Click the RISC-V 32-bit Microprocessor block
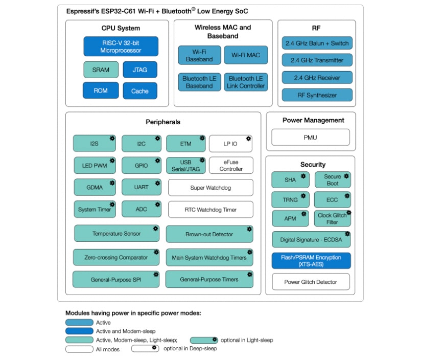[x=121, y=47]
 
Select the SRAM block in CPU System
[x=101, y=70]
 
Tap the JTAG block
[x=139, y=70]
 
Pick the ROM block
[x=101, y=91]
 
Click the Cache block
[x=139, y=91]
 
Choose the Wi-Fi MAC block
[x=246, y=55]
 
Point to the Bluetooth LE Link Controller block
[x=246, y=82]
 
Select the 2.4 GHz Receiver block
[x=317, y=78]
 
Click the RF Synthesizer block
[x=317, y=95]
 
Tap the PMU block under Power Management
[x=310, y=138]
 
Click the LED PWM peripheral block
[x=95, y=166]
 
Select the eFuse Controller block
[x=231, y=166]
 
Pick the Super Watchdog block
[x=211, y=188]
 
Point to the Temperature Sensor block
[x=116, y=234]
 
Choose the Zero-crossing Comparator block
[x=116, y=257]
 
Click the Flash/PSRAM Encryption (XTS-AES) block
[x=311, y=261]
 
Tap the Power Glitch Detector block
[x=311, y=282]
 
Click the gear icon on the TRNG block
[x=303, y=195]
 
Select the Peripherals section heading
[x=163, y=122]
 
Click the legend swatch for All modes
[x=79, y=349]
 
